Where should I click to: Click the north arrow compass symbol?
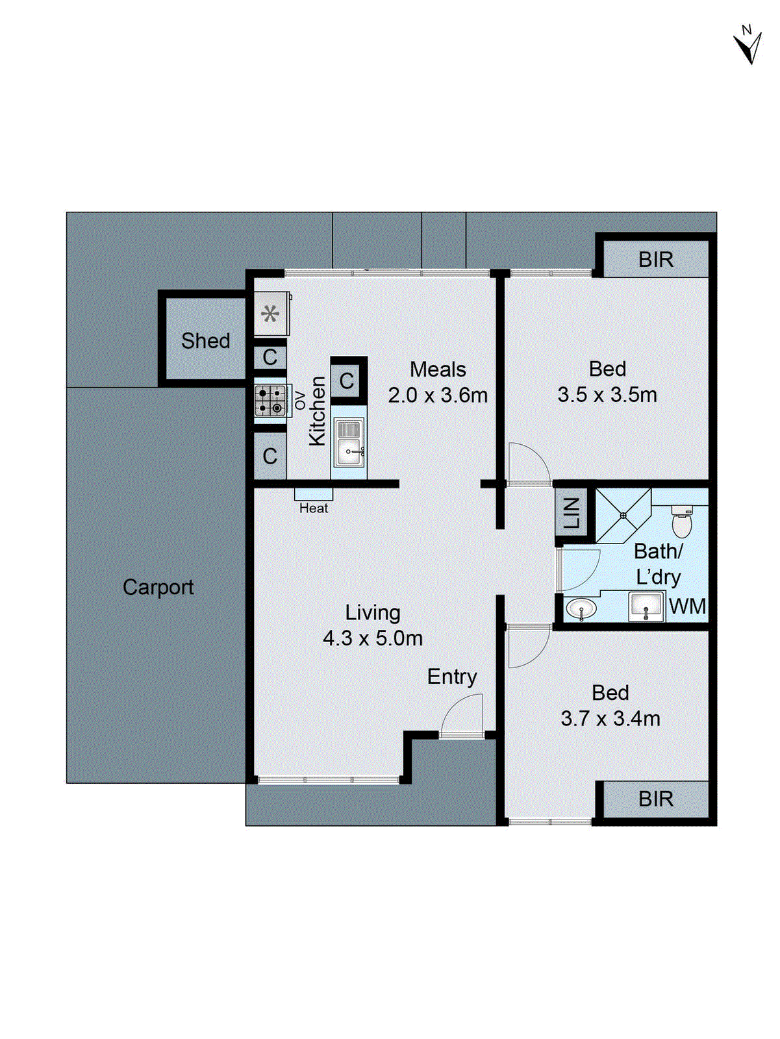tap(748, 45)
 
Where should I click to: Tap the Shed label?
tap(205, 341)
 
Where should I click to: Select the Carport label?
tap(158, 587)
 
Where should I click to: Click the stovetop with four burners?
tap(270, 401)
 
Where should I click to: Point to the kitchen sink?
tap(349, 444)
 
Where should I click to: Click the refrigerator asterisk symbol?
tap(270, 315)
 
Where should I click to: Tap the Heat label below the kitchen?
tap(314, 508)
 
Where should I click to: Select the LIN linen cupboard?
tap(572, 513)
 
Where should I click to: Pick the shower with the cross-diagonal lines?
tap(623, 516)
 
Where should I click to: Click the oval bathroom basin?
tap(581, 609)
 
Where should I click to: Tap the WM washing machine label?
tap(687, 607)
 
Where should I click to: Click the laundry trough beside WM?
tap(646, 607)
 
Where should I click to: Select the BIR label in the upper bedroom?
tap(655, 260)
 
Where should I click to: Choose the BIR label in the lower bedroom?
tap(655, 799)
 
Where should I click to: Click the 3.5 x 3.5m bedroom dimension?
tap(607, 395)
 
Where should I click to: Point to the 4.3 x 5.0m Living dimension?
tap(372, 638)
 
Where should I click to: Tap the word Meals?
tap(438, 369)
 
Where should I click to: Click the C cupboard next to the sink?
tap(347, 381)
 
